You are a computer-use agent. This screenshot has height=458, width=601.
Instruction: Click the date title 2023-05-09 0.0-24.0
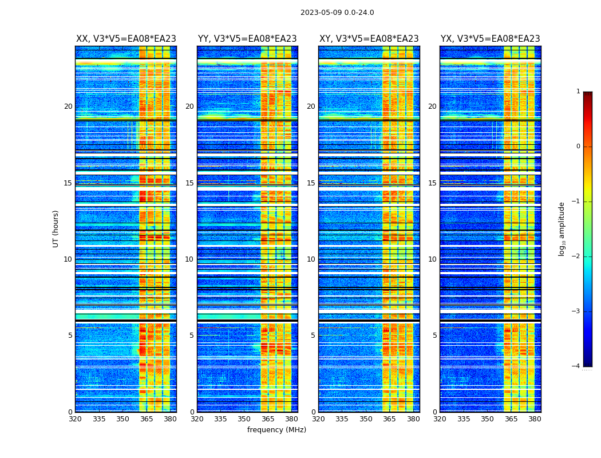337,13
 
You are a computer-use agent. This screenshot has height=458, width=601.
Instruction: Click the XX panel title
126,39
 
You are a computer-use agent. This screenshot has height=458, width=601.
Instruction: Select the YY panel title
247,39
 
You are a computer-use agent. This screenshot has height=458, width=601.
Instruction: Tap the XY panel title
369,39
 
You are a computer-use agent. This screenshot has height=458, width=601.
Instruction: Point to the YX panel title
490,39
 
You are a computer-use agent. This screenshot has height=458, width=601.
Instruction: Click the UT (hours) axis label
56,228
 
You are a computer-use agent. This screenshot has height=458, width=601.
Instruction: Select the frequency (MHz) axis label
276,430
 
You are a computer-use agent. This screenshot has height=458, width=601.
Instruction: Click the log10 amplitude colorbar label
562,228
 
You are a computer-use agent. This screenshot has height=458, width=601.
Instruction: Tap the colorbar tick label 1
578,92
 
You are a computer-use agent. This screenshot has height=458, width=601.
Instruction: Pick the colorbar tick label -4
576,366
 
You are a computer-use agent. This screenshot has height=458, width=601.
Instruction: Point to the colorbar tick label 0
578,147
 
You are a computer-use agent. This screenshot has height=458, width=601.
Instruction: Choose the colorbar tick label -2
576,256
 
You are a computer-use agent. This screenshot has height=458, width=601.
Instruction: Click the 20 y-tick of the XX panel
68,106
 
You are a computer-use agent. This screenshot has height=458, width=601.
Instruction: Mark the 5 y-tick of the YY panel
192,335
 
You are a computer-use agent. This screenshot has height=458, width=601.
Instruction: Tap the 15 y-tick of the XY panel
311,183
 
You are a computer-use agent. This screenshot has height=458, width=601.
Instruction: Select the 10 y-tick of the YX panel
432,259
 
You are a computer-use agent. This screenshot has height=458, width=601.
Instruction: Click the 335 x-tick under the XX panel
99,419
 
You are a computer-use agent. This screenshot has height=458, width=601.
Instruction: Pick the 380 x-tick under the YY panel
292,419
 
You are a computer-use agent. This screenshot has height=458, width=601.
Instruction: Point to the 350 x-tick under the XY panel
366,419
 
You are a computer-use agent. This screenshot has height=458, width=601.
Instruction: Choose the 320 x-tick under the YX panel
440,419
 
